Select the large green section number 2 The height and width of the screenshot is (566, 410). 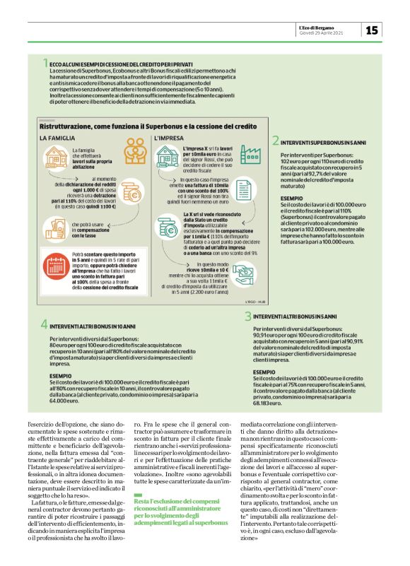click(275, 141)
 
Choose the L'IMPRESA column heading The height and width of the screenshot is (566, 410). click(169, 138)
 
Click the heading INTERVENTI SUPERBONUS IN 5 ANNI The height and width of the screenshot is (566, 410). click(324, 142)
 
